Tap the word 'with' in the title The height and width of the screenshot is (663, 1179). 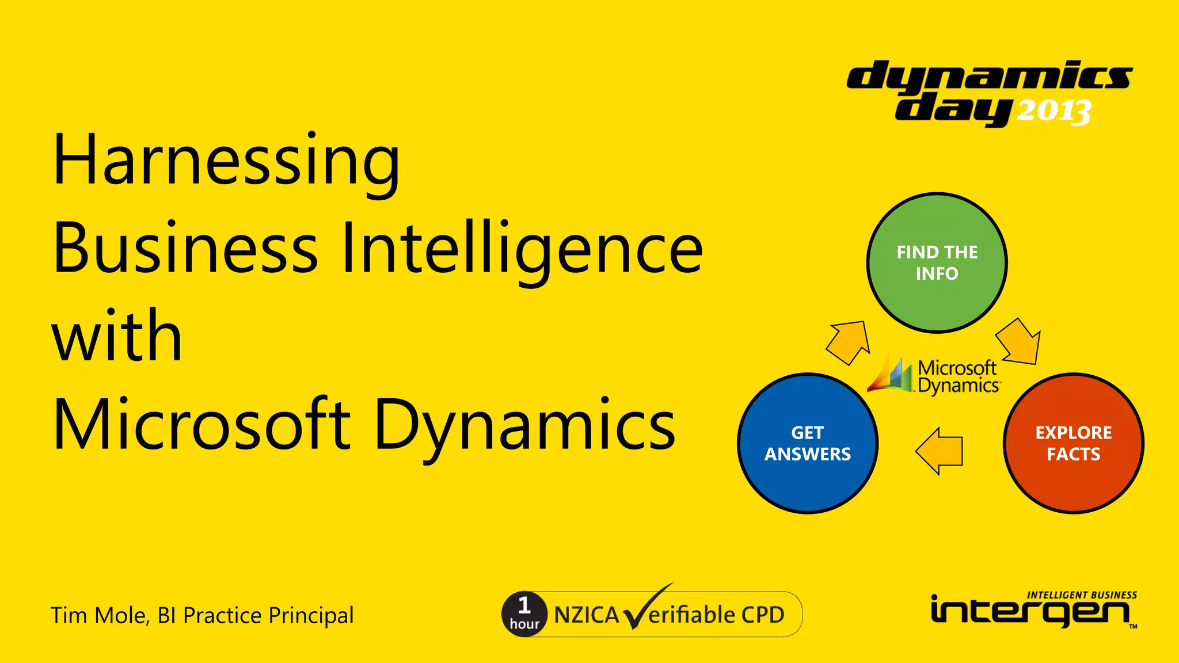pyautogui.click(x=117, y=336)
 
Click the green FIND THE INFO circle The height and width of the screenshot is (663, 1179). pyautogui.click(x=937, y=262)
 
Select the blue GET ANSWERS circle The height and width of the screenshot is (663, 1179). pyautogui.click(x=807, y=443)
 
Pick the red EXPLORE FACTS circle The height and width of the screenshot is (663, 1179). pyautogui.click(x=1073, y=443)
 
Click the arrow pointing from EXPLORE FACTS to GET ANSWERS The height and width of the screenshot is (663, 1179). pyautogui.click(x=940, y=451)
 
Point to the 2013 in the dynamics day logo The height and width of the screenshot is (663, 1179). pyautogui.click(x=1054, y=111)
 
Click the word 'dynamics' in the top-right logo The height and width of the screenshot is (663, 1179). pyautogui.click(x=989, y=77)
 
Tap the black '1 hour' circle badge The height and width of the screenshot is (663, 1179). pyautogui.click(x=524, y=614)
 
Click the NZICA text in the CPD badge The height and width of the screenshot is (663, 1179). pyautogui.click(x=586, y=615)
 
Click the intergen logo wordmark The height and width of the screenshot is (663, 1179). pyautogui.click(x=1030, y=611)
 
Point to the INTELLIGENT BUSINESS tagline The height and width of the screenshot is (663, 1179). pyautogui.click(x=1082, y=595)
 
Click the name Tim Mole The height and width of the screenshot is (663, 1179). pyautogui.click(x=99, y=616)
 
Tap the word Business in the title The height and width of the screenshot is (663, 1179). pyautogui.click(x=185, y=249)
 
